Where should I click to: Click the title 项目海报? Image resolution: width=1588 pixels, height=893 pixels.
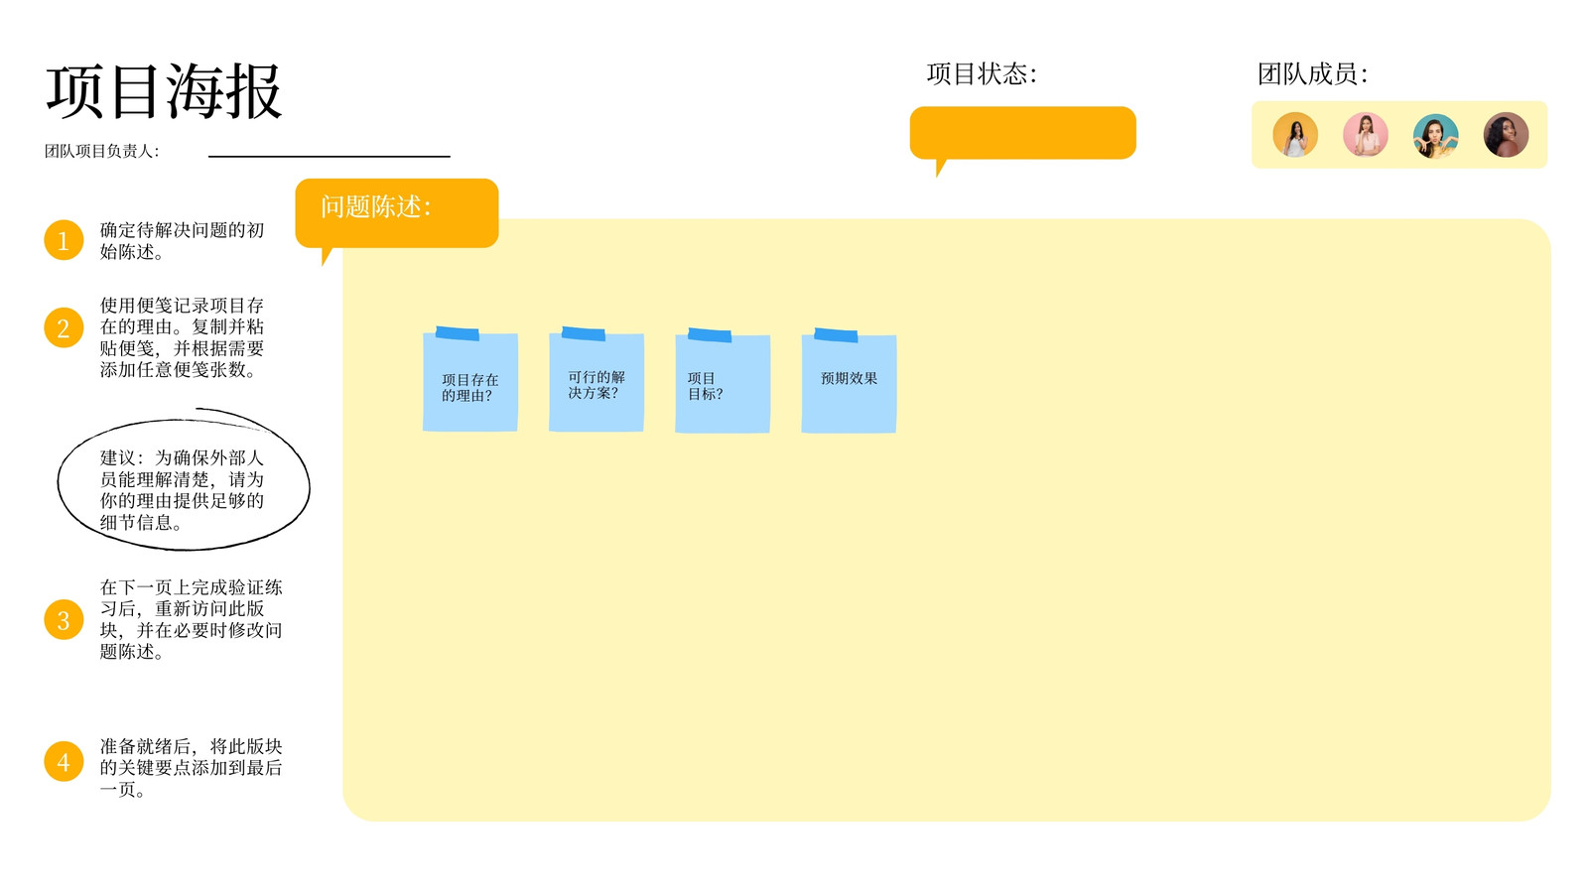pyautogui.click(x=165, y=91)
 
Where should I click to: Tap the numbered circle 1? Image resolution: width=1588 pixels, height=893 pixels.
pyautogui.click(x=64, y=240)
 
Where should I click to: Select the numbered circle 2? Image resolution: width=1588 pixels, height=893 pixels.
pyautogui.click(x=64, y=327)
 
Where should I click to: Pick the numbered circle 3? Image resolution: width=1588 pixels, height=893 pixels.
pyautogui.click(x=64, y=619)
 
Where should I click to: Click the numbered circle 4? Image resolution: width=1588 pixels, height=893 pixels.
pyautogui.click(x=64, y=761)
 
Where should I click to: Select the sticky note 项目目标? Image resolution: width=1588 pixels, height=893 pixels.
pyautogui.click(x=723, y=381)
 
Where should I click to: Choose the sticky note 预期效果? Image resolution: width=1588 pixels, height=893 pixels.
pyautogui.click(x=849, y=381)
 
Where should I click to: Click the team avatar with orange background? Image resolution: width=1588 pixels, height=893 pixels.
pyautogui.click(x=1295, y=135)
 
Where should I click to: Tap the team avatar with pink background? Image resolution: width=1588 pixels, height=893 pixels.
pyautogui.click(x=1366, y=135)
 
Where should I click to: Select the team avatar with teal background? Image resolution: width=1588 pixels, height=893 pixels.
pyautogui.click(x=1435, y=135)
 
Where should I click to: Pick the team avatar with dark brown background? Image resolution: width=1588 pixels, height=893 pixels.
pyautogui.click(x=1506, y=135)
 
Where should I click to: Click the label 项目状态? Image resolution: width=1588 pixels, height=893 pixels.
pyautogui.click(x=982, y=73)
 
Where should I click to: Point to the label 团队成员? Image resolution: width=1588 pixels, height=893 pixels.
pyautogui.click(x=1313, y=73)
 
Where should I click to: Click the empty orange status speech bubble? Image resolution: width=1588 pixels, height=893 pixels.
pyautogui.click(x=1023, y=133)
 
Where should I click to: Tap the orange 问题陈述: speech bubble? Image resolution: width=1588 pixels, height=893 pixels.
pyautogui.click(x=397, y=213)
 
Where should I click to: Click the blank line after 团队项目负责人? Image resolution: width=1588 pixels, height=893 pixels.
pyautogui.click(x=330, y=156)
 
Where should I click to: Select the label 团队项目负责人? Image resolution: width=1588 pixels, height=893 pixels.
pyautogui.click(x=102, y=151)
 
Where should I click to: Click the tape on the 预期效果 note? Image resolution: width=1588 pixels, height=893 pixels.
pyautogui.click(x=836, y=335)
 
